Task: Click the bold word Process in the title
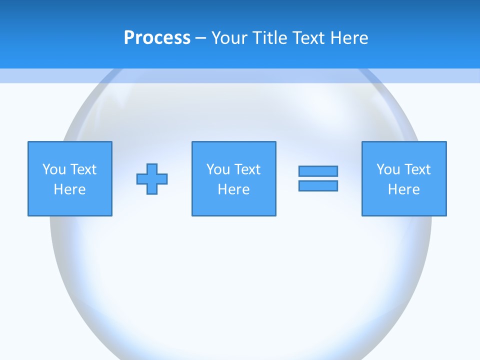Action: tap(157, 38)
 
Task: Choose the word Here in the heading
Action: tap(349, 38)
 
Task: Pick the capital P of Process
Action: tap(129, 38)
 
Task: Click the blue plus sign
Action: tap(152, 179)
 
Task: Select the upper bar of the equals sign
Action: tap(318, 171)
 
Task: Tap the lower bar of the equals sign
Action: tap(318, 185)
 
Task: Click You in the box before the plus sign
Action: tap(54, 169)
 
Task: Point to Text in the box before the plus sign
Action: tap(83, 169)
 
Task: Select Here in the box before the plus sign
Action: tap(70, 189)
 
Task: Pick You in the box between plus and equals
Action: tap(218, 169)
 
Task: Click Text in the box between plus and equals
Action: tap(247, 169)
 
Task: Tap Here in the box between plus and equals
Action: tap(234, 189)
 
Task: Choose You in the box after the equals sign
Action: tap(388, 169)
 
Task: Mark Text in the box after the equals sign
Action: tap(417, 169)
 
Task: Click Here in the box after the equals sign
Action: tap(404, 189)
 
